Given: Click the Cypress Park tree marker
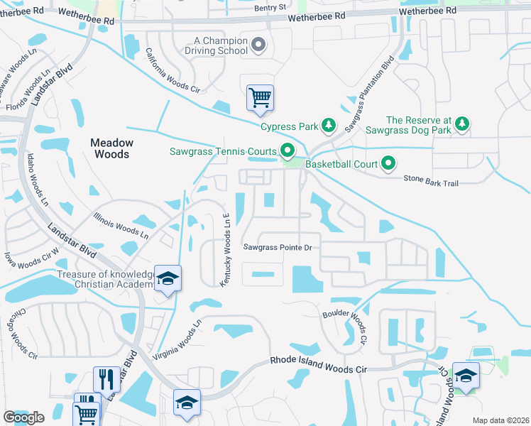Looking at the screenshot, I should click(328, 126).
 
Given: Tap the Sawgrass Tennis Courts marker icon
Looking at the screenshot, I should click(288, 151).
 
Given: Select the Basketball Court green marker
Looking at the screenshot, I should click(388, 164).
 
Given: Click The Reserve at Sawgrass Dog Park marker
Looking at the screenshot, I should click(461, 124).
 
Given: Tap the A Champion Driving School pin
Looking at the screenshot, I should click(258, 46).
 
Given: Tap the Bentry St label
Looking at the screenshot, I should click(270, 7).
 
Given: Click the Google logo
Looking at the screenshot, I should click(23, 417).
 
